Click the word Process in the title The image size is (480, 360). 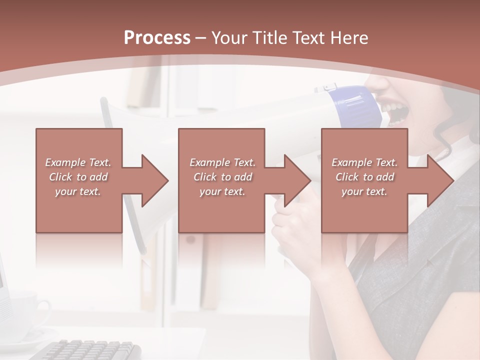click(157, 38)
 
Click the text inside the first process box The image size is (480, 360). click(78, 177)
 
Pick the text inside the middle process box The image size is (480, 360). click(222, 177)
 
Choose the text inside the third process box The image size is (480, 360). click(364, 177)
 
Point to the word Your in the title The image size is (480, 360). click(228, 38)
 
